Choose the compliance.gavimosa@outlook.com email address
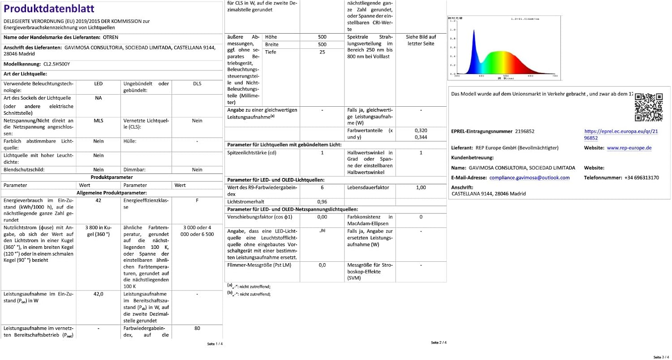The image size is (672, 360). click(530, 178)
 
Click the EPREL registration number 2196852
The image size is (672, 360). click(525, 131)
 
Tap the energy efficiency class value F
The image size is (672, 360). click(197, 200)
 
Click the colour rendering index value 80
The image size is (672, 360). click(197, 328)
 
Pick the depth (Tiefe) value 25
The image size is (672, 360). click(322, 52)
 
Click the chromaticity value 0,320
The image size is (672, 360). click(421, 130)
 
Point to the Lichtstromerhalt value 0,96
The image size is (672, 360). click(322, 202)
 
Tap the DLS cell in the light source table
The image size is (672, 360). click(197, 84)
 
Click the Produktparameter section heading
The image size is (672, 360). click(111, 177)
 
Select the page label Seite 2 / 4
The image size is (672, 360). click(439, 343)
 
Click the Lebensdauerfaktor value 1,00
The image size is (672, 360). click(421, 187)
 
